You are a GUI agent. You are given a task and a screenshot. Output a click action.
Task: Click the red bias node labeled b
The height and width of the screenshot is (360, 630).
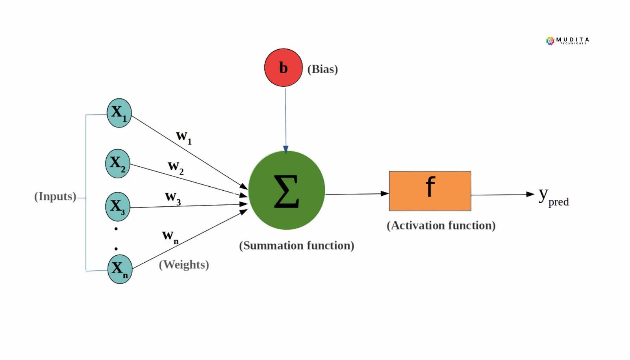click(x=283, y=68)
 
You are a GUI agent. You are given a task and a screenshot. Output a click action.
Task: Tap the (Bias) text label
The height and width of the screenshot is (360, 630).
click(x=322, y=69)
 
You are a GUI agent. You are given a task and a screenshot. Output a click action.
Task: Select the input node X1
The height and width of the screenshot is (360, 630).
click(x=119, y=113)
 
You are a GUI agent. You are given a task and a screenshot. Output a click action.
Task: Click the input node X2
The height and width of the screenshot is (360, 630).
click(x=117, y=163)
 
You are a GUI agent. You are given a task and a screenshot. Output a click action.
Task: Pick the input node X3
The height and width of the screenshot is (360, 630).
click(x=117, y=206)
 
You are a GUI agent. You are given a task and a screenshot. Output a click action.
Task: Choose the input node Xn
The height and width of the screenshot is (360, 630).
click(x=119, y=269)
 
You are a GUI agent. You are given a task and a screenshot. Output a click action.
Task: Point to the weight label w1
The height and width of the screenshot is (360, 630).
click(x=183, y=137)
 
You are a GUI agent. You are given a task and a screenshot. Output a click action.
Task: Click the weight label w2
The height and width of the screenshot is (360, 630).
click(x=175, y=167)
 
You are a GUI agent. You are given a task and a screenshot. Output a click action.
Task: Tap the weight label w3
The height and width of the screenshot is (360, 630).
click(x=172, y=197)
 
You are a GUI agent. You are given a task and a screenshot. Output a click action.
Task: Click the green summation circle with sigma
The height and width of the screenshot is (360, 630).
click(x=286, y=190)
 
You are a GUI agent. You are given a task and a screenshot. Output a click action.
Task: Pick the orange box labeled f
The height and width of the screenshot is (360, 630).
click(x=430, y=191)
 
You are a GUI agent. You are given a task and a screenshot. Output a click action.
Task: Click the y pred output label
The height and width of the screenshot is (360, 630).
click(x=553, y=197)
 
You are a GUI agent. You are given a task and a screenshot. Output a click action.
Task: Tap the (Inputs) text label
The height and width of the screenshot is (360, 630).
click(x=55, y=196)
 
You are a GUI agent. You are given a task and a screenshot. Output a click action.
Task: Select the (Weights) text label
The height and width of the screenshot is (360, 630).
click(x=184, y=264)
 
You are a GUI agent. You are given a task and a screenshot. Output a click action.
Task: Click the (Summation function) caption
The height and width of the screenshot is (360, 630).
click(x=296, y=245)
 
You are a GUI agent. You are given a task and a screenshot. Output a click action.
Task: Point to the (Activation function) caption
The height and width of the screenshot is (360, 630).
click(x=441, y=225)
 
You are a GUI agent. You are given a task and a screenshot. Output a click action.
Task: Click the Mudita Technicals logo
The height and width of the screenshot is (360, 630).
click(x=567, y=41)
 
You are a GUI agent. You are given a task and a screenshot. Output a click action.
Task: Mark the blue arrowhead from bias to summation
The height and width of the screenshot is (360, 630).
click(x=285, y=149)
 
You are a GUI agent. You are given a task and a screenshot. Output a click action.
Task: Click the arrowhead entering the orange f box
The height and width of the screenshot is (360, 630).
click(x=385, y=193)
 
